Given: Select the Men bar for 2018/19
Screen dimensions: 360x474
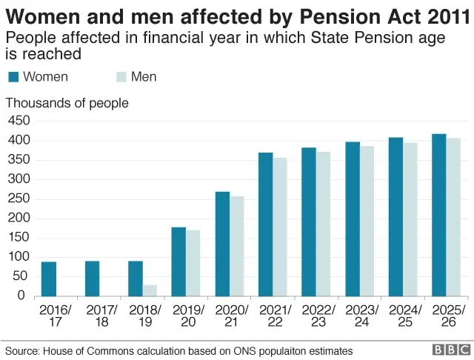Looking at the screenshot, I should (150, 290).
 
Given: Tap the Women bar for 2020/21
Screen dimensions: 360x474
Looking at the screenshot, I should (222, 244).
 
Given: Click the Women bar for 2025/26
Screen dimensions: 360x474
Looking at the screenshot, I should (438, 215).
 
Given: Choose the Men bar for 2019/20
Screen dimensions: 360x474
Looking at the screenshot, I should (193, 263).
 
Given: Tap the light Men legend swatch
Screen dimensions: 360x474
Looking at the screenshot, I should (123, 77).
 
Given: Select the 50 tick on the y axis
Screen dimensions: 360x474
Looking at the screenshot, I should (19, 277).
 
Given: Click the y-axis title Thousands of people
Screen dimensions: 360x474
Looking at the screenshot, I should (67, 103).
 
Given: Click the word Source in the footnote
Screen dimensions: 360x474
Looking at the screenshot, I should (21, 350).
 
